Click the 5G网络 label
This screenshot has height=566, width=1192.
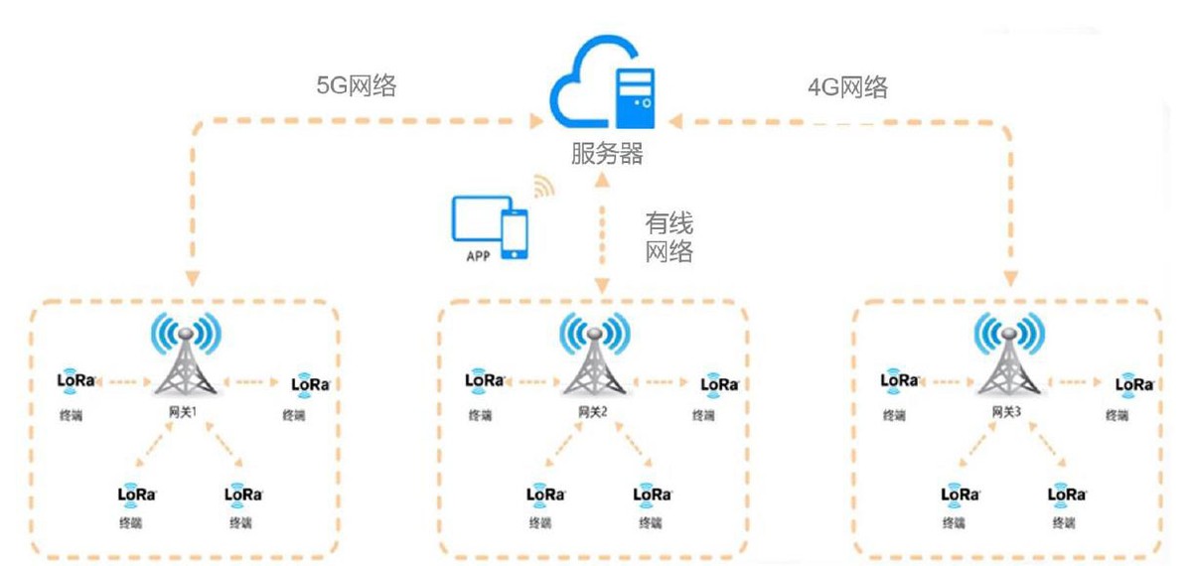coord(356,85)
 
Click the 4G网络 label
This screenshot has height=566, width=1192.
coord(847,86)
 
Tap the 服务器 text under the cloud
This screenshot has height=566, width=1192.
coord(607,154)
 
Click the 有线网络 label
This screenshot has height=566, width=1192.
coord(669,237)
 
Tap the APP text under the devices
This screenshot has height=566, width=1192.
coord(480,254)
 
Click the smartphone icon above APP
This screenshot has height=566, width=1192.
coord(514,234)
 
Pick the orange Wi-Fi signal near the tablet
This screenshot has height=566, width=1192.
coord(542,186)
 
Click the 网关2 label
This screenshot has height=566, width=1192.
coord(593,410)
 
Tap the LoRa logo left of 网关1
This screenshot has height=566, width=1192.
coord(76,379)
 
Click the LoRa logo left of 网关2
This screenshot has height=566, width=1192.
coord(486,379)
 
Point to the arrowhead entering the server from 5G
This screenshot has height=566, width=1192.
coord(537,122)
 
